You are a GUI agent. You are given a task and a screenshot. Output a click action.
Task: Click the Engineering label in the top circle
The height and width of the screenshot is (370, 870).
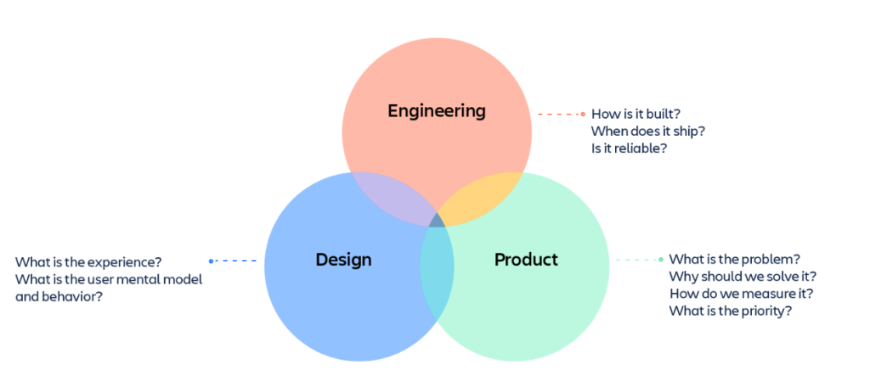[437, 111]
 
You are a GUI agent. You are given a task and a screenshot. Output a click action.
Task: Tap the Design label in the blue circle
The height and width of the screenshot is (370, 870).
[343, 260]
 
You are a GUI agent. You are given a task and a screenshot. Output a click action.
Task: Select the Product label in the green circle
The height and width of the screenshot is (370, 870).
[526, 260]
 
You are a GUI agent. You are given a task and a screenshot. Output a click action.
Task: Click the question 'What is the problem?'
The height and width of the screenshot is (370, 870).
[735, 259]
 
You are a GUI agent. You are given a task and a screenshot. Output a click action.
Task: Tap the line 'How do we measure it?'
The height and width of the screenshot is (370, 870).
[741, 294]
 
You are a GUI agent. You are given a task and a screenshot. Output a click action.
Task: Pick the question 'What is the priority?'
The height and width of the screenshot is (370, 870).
[731, 311]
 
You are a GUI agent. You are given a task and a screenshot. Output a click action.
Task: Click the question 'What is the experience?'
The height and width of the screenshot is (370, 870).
[88, 261]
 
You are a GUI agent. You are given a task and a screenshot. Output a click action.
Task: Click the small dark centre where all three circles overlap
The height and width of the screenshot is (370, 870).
[437, 221]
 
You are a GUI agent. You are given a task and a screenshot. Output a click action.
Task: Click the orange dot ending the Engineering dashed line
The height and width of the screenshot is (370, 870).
[583, 114]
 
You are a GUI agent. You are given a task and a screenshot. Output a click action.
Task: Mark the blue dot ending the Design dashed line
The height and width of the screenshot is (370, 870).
[212, 261]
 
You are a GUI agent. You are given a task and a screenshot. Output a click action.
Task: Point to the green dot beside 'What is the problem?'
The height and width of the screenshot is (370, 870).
[661, 259]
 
